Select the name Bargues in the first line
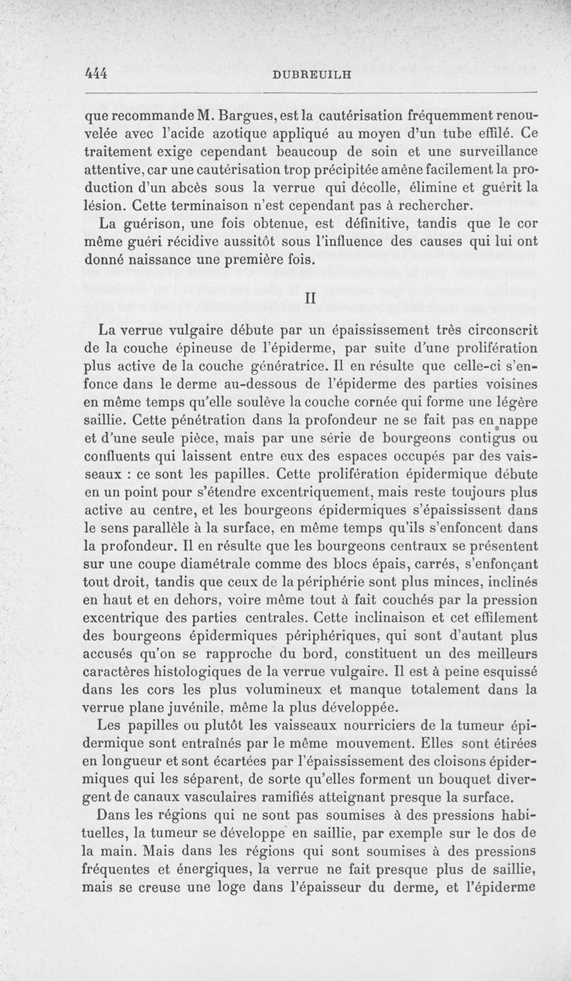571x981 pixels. pyautogui.click(x=246, y=113)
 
